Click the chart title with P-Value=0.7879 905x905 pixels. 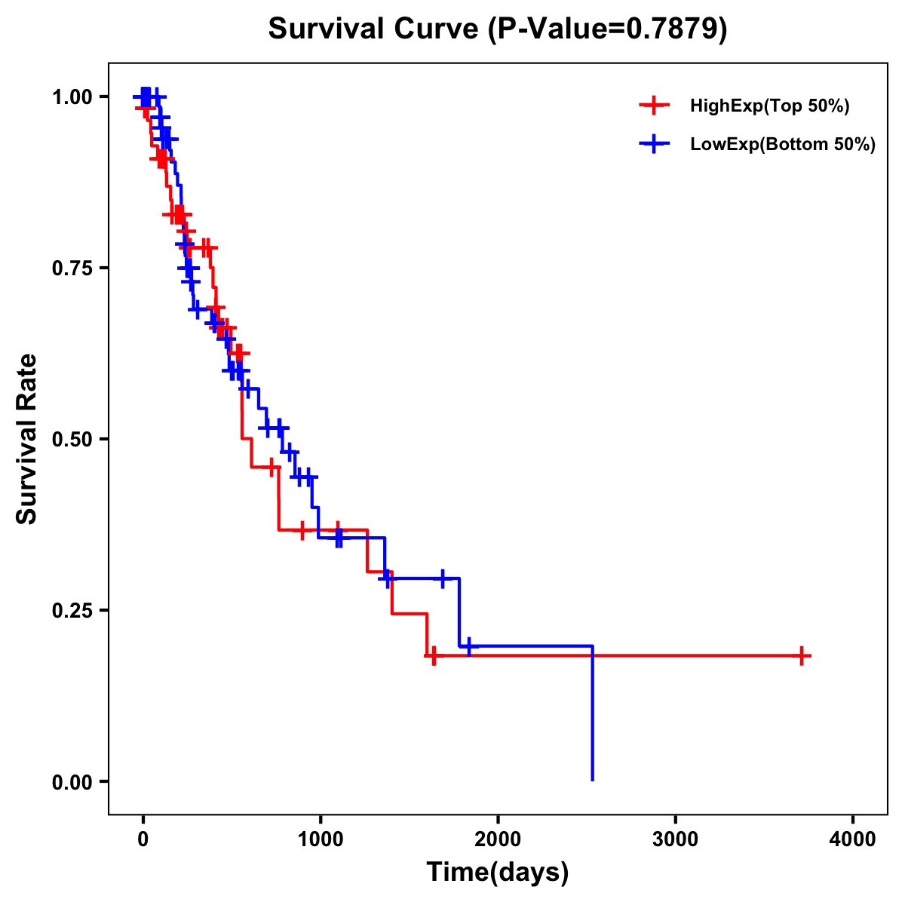click(498, 29)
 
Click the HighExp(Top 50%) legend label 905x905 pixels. click(769, 106)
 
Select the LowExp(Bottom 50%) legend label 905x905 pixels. click(783, 145)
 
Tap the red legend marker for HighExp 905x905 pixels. click(654, 106)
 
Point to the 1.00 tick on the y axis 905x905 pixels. click(71, 97)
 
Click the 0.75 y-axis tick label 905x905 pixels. click(71, 268)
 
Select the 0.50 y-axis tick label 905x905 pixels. click(71, 440)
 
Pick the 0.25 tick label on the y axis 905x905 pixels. click(71, 611)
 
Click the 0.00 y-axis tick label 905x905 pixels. click(71, 782)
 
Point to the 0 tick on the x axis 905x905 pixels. click(143, 839)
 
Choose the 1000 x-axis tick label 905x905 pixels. click(320, 839)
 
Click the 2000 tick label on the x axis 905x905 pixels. click(498, 839)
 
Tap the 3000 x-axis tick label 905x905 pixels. click(675, 839)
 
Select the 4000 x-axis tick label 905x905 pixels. click(853, 839)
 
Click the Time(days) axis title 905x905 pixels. click(498, 873)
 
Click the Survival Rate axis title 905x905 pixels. click(27, 439)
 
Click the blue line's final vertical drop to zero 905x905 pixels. click(593, 716)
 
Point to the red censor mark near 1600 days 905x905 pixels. click(433, 656)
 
